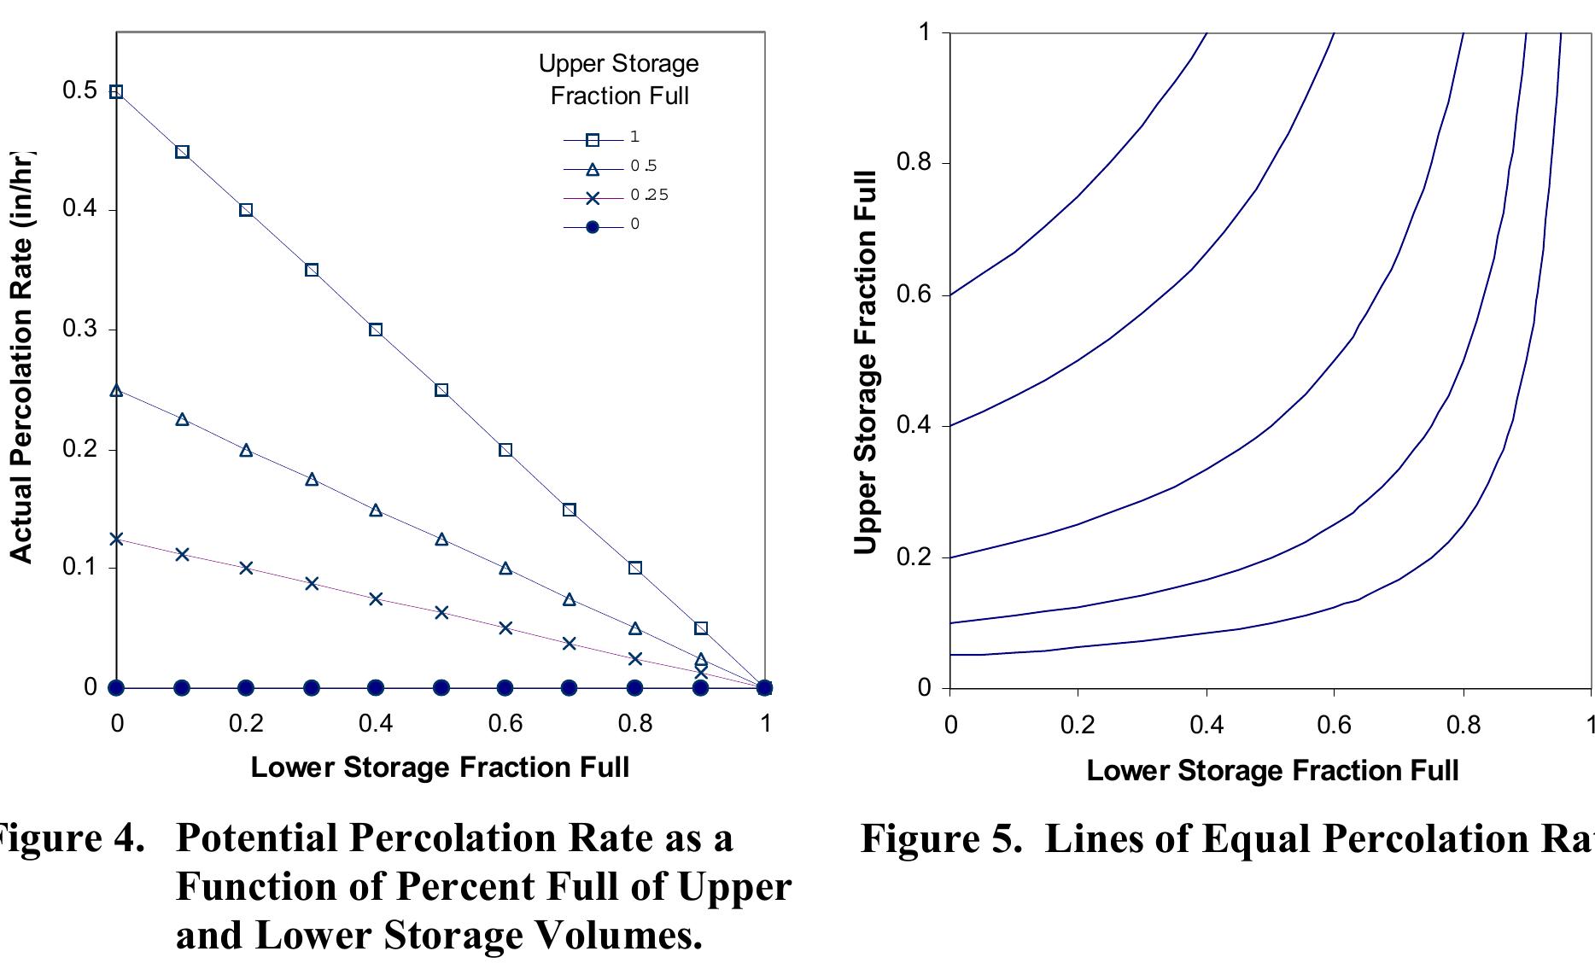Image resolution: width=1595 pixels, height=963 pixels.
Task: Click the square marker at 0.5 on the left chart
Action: coord(117,91)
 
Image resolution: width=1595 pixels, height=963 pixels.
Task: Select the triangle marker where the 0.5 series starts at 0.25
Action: coord(117,390)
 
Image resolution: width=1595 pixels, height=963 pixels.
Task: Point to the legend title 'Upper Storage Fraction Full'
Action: coord(619,79)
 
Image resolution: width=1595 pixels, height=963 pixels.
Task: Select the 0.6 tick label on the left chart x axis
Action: coord(505,724)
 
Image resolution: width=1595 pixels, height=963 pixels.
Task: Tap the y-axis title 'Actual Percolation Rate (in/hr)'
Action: coord(21,359)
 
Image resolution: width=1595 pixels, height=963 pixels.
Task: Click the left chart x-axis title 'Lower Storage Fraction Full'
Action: coord(440,767)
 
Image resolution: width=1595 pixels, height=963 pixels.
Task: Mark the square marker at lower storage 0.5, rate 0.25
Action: coord(441,390)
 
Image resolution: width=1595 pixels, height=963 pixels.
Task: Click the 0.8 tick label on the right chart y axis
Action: coord(914,163)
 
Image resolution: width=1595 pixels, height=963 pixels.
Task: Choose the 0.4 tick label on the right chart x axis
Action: coord(1206,726)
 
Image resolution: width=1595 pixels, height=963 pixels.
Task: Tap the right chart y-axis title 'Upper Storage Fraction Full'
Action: coord(866,363)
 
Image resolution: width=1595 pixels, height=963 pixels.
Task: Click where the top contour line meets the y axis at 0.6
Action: coord(950,295)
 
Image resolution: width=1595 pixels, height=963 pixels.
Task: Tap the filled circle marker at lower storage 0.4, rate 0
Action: coord(376,687)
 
